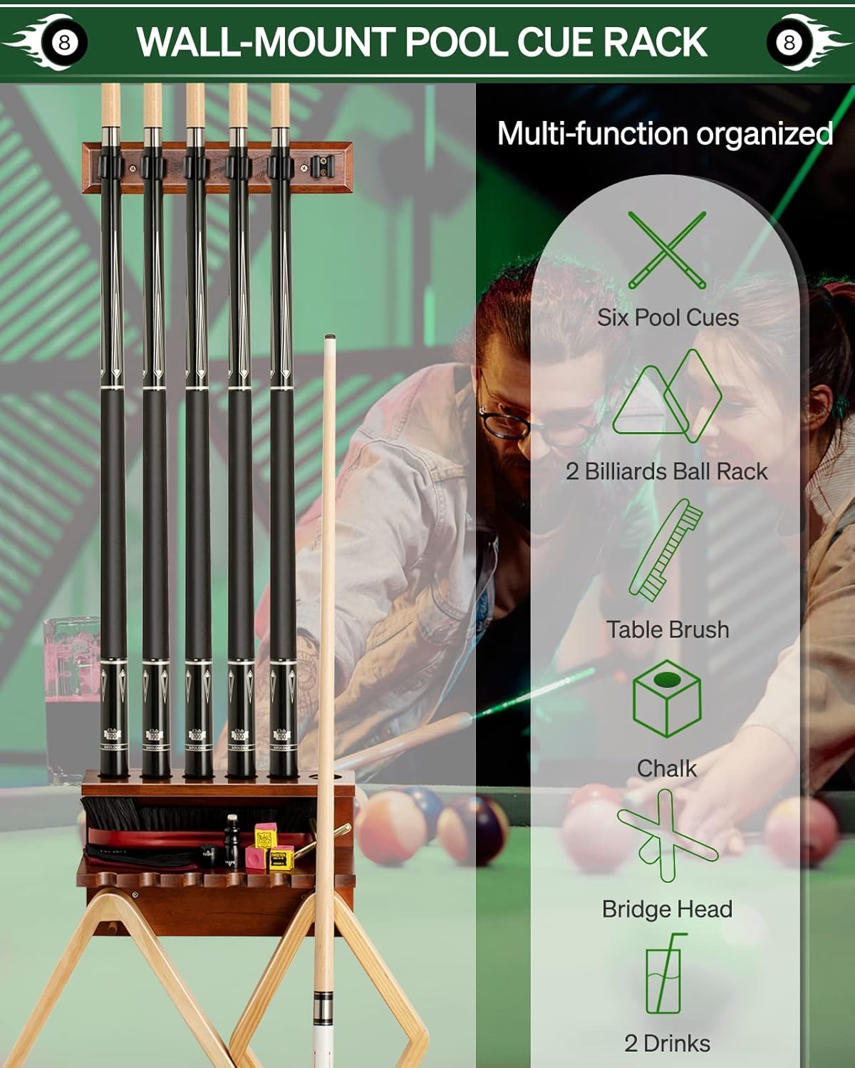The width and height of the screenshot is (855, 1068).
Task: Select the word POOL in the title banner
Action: click(x=456, y=42)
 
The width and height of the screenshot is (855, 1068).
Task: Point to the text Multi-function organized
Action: click(x=665, y=134)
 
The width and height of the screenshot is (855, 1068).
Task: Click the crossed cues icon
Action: click(x=667, y=250)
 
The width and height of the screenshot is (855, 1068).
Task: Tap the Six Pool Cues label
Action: click(x=668, y=318)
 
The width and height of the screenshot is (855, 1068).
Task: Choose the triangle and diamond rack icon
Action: click(x=667, y=396)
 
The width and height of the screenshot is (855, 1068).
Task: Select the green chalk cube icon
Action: click(x=667, y=698)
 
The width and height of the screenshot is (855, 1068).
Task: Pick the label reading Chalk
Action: click(x=667, y=769)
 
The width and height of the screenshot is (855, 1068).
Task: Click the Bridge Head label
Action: click(x=667, y=909)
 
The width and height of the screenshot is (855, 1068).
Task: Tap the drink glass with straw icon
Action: click(x=665, y=973)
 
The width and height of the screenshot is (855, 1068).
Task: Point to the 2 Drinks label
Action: click(x=667, y=1044)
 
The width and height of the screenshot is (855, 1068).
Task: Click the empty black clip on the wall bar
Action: click(x=322, y=167)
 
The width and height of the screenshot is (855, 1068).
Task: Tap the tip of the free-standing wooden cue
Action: click(x=330, y=337)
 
